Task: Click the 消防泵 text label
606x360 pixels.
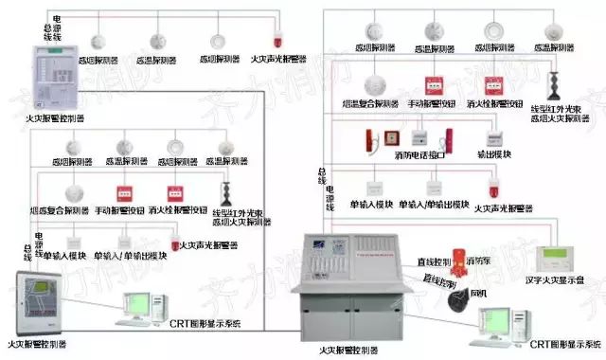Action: coord(478,259)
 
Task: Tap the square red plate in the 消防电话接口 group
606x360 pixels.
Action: coord(372,138)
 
